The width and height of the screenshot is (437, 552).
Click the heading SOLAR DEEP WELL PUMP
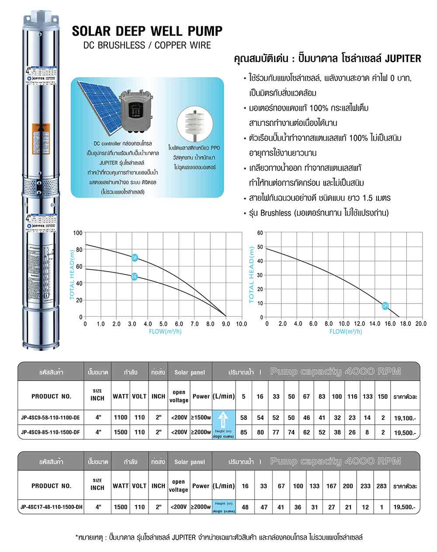click(x=147, y=31)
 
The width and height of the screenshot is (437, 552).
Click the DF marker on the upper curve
click(x=135, y=258)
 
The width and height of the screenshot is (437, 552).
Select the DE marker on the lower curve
click(x=135, y=276)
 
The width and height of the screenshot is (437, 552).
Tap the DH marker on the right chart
click(x=385, y=306)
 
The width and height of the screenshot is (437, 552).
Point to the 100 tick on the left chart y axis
click(x=78, y=233)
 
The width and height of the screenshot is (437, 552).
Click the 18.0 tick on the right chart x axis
click(x=405, y=324)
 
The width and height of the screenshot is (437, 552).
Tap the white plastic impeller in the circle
click(x=194, y=124)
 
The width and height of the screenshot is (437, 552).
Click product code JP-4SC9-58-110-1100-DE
click(x=51, y=418)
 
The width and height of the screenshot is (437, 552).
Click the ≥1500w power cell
click(x=201, y=418)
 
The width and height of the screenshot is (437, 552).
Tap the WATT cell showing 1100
click(x=121, y=418)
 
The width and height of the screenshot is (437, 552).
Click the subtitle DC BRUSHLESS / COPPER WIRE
click(x=147, y=45)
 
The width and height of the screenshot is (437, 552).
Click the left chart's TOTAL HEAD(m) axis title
click(x=73, y=274)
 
